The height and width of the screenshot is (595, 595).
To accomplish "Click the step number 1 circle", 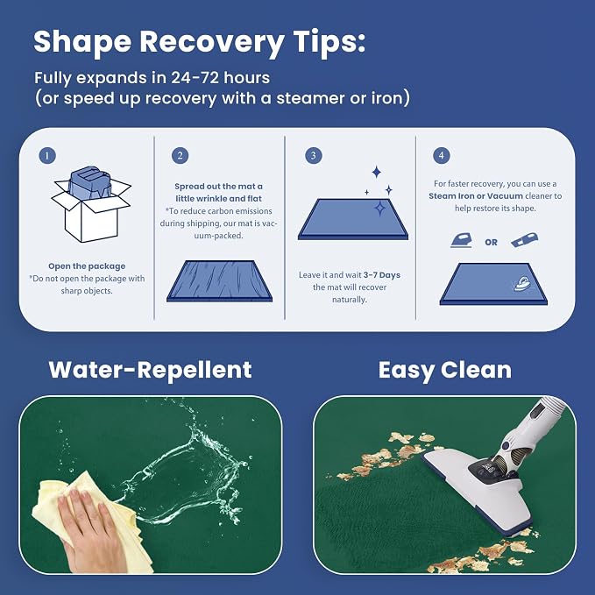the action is tap(47, 156).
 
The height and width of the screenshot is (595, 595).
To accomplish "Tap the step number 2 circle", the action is tap(180, 156).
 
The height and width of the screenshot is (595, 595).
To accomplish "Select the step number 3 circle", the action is tap(314, 156).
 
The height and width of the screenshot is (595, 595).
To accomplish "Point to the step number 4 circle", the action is tap(442, 156).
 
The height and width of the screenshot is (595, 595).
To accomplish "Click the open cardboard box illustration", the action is tap(91, 204).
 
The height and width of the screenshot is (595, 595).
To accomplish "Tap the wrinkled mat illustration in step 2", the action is tap(219, 281).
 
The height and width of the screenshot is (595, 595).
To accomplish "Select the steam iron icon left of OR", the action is tap(462, 241).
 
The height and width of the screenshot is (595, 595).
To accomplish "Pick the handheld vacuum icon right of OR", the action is tap(524, 240).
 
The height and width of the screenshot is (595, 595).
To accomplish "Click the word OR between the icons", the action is tap(491, 243).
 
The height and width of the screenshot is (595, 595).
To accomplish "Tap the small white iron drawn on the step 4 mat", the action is tap(522, 283).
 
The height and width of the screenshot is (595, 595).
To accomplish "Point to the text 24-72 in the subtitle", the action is tap(195, 78).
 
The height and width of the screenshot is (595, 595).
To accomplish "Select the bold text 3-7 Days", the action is tap(382, 275).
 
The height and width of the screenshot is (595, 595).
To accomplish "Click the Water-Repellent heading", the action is tap(150, 370).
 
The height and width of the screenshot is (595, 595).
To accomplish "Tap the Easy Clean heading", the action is tap(445, 370).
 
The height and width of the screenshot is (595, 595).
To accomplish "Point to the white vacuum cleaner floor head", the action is tap(478, 490).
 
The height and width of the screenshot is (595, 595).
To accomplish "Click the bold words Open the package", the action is tap(87, 266).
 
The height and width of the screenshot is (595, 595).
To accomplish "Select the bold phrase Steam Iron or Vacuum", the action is tap(476, 196).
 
